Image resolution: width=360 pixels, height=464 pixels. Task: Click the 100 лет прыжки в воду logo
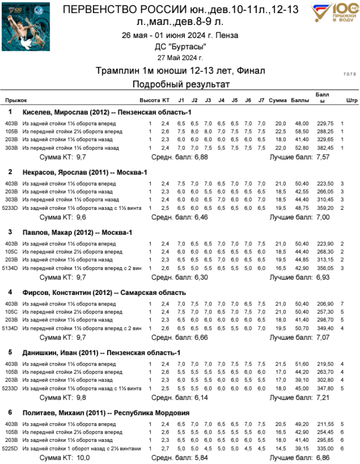pyautogui.click(x=335, y=13)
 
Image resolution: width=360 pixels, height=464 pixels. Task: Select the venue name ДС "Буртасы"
pyautogui.click(x=180, y=47)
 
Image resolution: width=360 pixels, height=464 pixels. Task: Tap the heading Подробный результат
pyautogui.click(x=181, y=85)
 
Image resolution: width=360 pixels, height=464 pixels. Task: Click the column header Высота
pyautogui.click(x=149, y=100)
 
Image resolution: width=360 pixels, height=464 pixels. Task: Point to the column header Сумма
pyautogui.click(x=277, y=100)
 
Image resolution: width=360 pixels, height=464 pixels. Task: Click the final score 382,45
pyautogui.click(x=325, y=147)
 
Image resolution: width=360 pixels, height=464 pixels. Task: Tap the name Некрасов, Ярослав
pyautogui.click(x=53, y=172)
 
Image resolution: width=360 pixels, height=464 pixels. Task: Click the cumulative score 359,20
pyautogui.click(x=325, y=208)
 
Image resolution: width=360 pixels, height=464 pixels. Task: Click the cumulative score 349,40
pyautogui.click(x=325, y=328)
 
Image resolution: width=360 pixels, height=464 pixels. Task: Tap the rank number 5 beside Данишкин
pyautogui.click(x=10, y=353)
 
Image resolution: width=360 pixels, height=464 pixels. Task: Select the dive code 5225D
pyautogui.click(x=11, y=448)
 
